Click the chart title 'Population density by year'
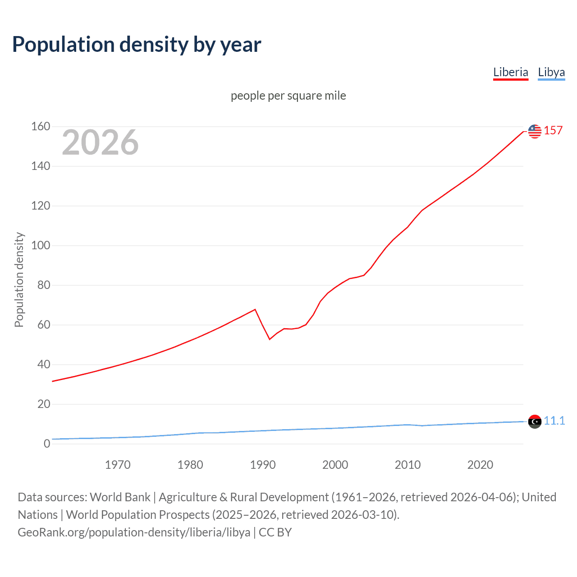click(137, 45)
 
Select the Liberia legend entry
click(510, 72)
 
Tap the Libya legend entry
click(551, 72)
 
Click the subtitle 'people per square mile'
click(288, 96)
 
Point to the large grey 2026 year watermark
click(100, 142)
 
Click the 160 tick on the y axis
click(41, 127)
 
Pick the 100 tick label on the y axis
click(41, 246)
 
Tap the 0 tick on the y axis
click(47, 444)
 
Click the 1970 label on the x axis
click(118, 465)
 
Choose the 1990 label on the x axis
click(263, 465)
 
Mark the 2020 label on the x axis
click(480, 465)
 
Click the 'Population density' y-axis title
click(19, 279)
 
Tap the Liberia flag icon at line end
click(535, 131)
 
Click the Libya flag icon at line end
click(535, 421)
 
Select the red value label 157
click(553, 131)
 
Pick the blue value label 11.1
click(554, 421)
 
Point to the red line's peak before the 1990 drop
click(255, 309)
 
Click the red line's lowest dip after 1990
click(270, 339)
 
